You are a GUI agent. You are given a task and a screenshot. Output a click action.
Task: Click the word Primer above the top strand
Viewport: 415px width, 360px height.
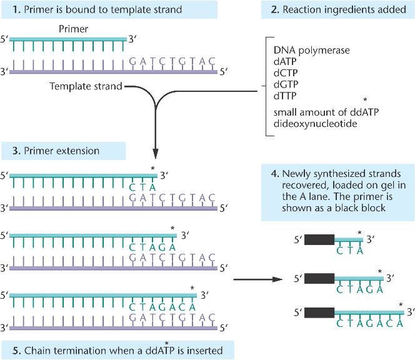[73, 29]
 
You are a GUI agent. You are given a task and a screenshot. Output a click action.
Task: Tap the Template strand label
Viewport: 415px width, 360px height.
[86, 86]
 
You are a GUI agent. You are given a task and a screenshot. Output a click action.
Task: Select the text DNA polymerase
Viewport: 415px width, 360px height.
[311, 50]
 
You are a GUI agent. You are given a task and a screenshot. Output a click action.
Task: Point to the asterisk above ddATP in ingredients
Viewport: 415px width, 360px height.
[365, 100]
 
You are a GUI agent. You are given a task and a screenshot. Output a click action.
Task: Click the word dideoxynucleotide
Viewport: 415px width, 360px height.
[315, 124]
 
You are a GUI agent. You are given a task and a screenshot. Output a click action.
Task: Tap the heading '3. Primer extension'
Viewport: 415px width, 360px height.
[56, 151]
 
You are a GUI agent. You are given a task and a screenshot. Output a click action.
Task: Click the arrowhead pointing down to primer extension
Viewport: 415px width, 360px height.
[156, 154]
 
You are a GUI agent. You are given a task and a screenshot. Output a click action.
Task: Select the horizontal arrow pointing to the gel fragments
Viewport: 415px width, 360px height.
[258, 279]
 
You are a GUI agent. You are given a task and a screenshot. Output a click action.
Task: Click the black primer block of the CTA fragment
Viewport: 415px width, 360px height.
[319, 239]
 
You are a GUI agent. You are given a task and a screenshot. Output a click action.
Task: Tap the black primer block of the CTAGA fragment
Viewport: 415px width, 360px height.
[319, 279]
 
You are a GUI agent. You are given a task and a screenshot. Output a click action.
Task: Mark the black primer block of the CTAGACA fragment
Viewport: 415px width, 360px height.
[319, 312]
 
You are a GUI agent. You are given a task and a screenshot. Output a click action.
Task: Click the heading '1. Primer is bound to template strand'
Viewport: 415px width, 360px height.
[97, 10]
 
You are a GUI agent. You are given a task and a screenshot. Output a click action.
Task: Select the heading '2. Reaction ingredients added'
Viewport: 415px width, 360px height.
[338, 10]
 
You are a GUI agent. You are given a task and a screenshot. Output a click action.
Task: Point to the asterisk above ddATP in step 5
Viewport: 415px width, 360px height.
[166, 344]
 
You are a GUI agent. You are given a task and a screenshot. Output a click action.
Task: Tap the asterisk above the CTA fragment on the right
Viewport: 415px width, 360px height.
[359, 233]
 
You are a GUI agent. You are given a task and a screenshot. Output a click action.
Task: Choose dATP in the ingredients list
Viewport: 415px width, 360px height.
[285, 61]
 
